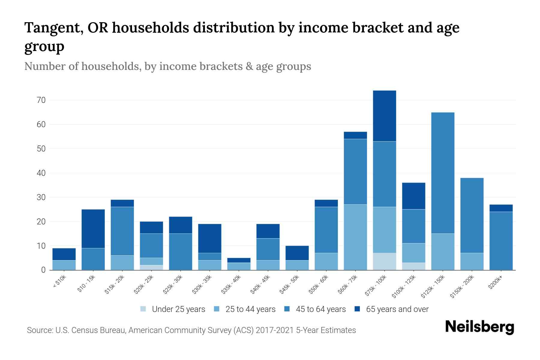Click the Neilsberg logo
pos(479,327)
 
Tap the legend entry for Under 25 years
pos(173,309)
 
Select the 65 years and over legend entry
pos(391,309)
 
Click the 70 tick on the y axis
pos(41,100)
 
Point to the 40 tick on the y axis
pos(41,173)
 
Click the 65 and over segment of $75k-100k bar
pos(384,116)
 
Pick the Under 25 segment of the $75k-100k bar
pos(384,262)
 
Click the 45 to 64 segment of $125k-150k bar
pos(442,173)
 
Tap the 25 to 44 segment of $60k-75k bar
pos(355,237)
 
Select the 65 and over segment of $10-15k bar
pos(93,229)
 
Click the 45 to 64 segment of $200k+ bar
pos(501,241)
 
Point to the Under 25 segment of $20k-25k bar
pos(151,268)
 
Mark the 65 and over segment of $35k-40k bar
pos(239,260)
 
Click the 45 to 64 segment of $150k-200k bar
pos(472,215)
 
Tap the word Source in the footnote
pos(40,330)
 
